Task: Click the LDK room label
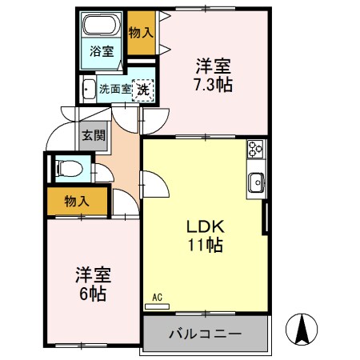coord(205,226)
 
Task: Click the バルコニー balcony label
coord(205,332)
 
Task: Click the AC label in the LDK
coord(158,298)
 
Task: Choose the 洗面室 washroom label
coord(113,90)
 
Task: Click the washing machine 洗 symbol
coord(142,90)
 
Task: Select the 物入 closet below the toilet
coord(77,202)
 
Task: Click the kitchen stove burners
coord(256,148)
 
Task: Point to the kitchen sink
coord(257,182)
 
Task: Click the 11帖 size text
coord(205,245)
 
